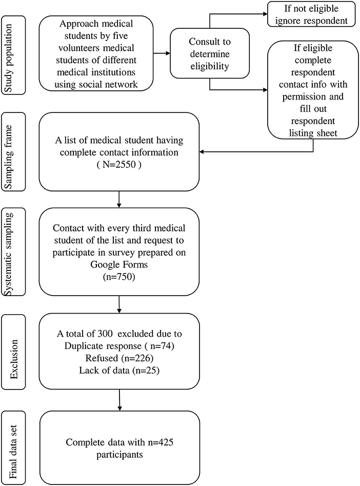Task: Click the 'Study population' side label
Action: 13,56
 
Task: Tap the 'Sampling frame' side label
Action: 13,151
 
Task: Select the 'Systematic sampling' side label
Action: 13,251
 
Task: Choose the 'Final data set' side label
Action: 13,448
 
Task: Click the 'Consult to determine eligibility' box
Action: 210,53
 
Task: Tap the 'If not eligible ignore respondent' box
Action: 311,14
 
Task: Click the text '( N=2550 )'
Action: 119,164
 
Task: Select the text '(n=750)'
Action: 119,276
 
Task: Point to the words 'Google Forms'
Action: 119,264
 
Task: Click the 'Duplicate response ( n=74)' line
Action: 119,345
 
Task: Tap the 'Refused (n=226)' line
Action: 119,358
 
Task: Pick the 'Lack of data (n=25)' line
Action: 119,370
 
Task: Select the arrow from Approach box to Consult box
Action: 162,53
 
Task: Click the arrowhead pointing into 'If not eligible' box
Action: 265,14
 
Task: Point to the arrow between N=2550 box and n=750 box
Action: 119,199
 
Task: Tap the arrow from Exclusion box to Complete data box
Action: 119,400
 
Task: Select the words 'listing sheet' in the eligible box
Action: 313,133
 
